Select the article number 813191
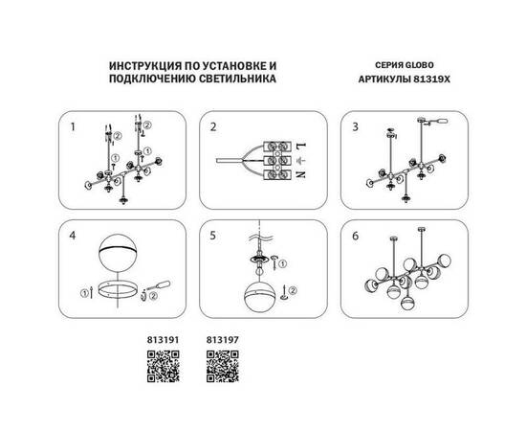[x=162, y=337]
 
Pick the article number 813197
[x=221, y=337]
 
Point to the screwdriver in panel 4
[x=157, y=284]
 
